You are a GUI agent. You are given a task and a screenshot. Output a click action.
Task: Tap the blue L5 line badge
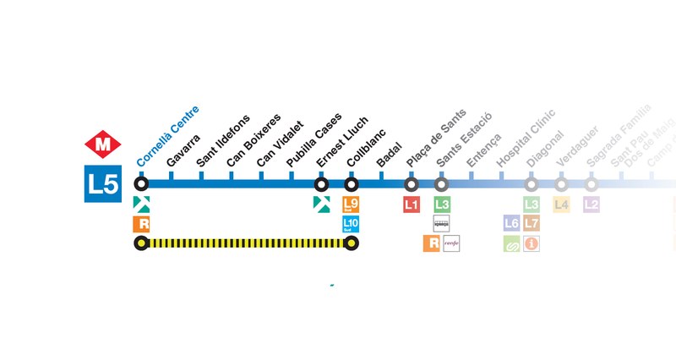click(x=103, y=183)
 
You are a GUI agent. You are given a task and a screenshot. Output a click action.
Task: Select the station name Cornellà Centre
click(x=167, y=135)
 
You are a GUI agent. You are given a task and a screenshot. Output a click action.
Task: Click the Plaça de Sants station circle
click(x=412, y=183)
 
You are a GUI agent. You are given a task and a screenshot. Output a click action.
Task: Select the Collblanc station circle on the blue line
click(x=352, y=183)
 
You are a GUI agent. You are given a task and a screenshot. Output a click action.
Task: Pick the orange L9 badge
click(x=352, y=205)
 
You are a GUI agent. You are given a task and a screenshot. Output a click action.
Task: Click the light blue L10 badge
click(x=352, y=224)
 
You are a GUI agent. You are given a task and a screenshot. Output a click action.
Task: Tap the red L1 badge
click(x=412, y=205)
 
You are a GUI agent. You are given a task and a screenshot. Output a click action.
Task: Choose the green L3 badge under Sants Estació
click(x=442, y=205)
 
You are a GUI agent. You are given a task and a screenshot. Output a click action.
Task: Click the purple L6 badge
click(x=511, y=224)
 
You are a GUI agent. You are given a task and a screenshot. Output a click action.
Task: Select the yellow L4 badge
click(x=561, y=205)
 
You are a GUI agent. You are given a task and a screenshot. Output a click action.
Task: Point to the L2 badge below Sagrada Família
click(x=591, y=205)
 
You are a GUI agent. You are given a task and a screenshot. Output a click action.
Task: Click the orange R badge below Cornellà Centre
click(x=142, y=224)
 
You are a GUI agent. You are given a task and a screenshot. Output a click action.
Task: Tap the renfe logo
click(x=451, y=243)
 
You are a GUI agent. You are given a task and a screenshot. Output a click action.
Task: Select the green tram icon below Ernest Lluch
click(x=321, y=204)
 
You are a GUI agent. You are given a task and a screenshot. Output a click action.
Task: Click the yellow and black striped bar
click(x=247, y=243)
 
